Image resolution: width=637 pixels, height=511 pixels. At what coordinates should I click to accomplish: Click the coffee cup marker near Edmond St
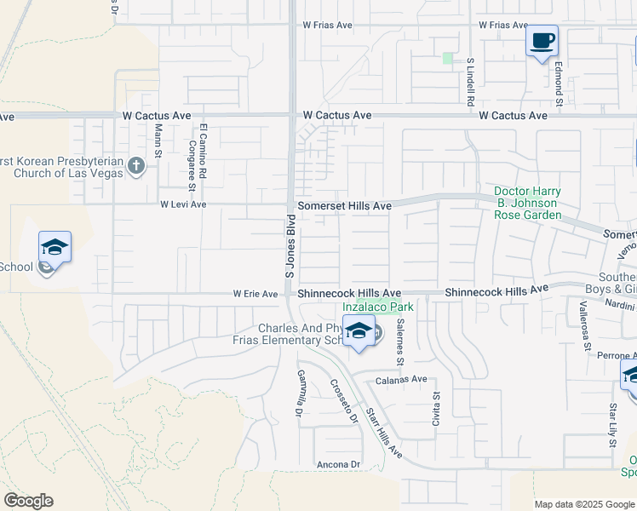(x=542, y=40)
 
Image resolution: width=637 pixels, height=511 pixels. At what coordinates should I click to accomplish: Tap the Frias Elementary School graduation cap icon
(x=359, y=331)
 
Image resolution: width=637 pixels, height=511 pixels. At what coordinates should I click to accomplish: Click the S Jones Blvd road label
(x=290, y=246)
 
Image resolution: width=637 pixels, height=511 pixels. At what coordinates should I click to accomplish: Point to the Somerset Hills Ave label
(x=344, y=206)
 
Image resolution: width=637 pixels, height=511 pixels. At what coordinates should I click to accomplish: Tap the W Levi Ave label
(x=183, y=204)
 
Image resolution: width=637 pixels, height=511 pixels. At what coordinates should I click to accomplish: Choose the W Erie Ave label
(x=255, y=294)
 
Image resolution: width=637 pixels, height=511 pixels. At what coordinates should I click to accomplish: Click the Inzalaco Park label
(x=377, y=307)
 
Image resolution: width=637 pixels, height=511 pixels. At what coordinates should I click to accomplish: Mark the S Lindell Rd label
(x=469, y=82)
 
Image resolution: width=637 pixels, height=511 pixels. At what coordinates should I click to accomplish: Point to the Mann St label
(x=158, y=141)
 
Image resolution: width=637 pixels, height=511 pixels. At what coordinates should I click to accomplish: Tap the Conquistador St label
(x=192, y=169)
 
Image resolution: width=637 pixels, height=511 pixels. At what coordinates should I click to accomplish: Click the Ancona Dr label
(x=339, y=464)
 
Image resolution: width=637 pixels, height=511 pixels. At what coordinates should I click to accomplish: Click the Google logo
(x=28, y=501)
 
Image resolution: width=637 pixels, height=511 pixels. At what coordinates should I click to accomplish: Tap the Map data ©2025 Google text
(x=583, y=504)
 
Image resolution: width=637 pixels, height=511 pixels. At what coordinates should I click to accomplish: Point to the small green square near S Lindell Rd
(x=448, y=58)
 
